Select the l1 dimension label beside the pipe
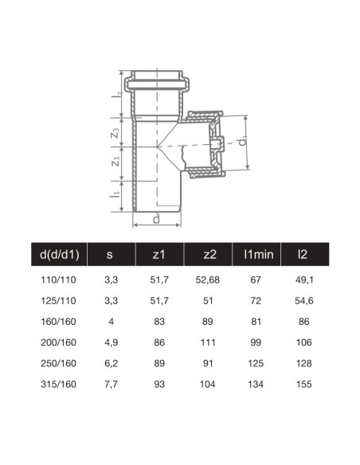[x=116, y=193]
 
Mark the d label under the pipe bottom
[x=157, y=219]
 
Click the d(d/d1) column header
[x=57, y=256]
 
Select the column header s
[x=110, y=256]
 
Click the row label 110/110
[x=57, y=281]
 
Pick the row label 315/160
[x=57, y=385]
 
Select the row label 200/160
[x=57, y=343]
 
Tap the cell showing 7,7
[x=110, y=385]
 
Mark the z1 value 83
[x=158, y=322]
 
